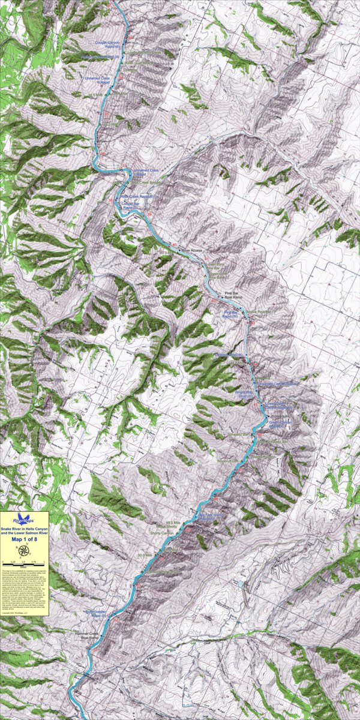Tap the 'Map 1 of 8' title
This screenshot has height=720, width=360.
pos(24,539)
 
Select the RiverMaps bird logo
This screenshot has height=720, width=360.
pos(24,517)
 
